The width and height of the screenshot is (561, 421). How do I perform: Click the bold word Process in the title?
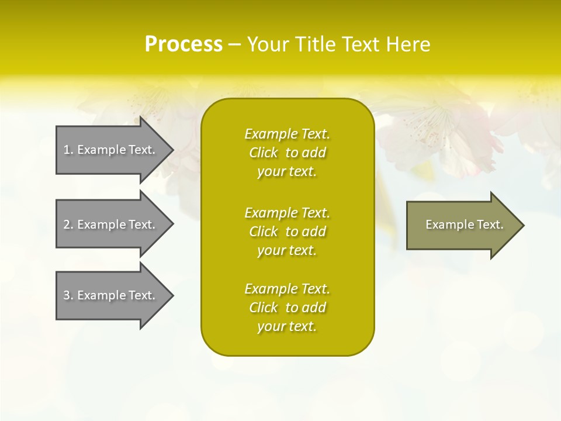pyautogui.click(x=183, y=44)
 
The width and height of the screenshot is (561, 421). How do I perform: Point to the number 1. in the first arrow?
pyautogui.click(x=68, y=150)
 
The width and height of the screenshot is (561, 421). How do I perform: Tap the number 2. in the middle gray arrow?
pyautogui.click(x=68, y=225)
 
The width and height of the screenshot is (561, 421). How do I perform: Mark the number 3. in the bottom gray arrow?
pyautogui.click(x=68, y=295)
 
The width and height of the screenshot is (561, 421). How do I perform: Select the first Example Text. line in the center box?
pyautogui.click(x=287, y=134)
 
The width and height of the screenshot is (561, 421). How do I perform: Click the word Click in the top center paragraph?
pyautogui.click(x=264, y=153)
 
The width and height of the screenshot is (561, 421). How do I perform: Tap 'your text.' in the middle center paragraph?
pyautogui.click(x=287, y=250)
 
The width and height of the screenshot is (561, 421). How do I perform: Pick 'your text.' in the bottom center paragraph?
pyautogui.click(x=287, y=326)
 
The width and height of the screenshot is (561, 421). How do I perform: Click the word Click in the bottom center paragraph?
pyautogui.click(x=264, y=308)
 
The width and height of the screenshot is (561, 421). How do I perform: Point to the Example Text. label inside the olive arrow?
pyautogui.click(x=464, y=225)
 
